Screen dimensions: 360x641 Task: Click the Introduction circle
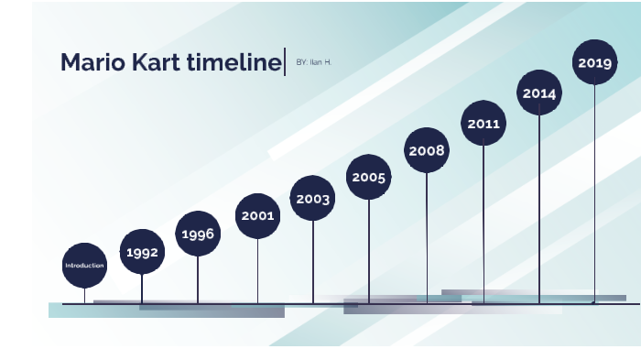click(x=84, y=266)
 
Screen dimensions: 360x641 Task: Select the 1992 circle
click(x=142, y=252)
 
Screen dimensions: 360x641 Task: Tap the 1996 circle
click(x=198, y=234)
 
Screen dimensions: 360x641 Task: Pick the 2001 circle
click(x=257, y=216)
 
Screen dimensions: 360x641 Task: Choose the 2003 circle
click(x=313, y=198)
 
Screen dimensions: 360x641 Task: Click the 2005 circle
click(x=369, y=177)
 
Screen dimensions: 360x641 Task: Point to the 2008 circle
click(x=427, y=150)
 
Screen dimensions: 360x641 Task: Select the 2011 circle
click(x=483, y=123)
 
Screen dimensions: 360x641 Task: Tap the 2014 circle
click(x=539, y=93)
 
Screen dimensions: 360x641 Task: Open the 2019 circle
click(x=594, y=62)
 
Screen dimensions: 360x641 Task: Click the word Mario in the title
click(x=90, y=62)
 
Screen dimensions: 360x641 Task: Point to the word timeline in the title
click(x=233, y=62)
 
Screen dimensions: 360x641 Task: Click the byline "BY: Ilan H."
click(x=314, y=61)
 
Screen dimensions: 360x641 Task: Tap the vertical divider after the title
click(x=286, y=61)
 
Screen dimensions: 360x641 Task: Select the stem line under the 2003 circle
click(x=313, y=261)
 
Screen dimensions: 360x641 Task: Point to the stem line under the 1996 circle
click(x=198, y=279)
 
